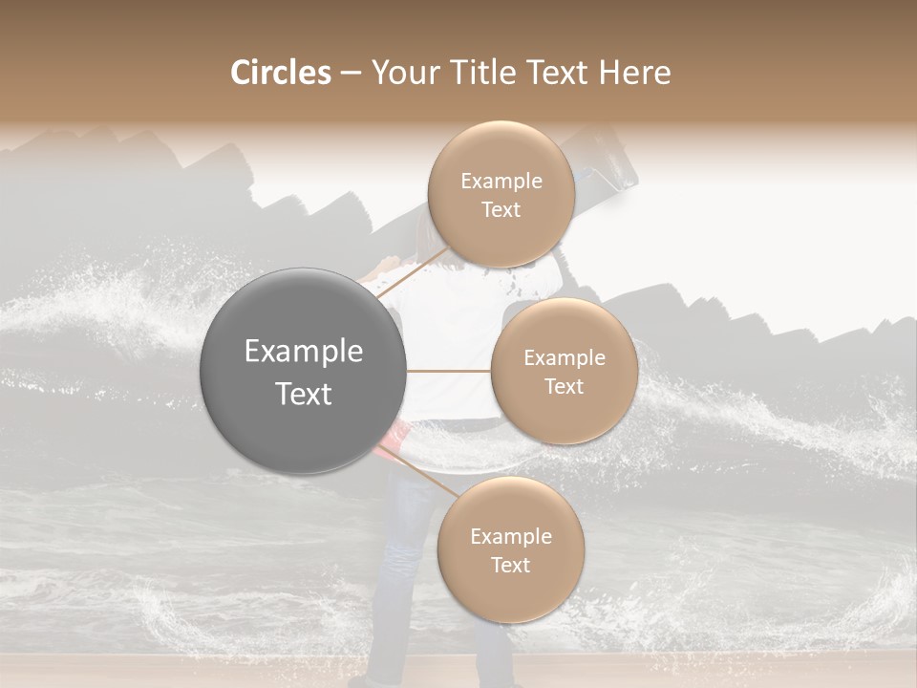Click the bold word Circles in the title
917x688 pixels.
click(281, 73)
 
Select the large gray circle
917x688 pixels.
click(304, 371)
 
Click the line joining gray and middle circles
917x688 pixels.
click(449, 371)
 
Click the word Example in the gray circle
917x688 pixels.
click(304, 351)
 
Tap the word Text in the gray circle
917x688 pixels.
click(304, 393)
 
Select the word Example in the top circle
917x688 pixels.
click(501, 181)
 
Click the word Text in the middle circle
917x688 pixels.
click(564, 386)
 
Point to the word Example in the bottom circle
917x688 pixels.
click(510, 536)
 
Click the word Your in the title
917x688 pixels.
click(402, 73)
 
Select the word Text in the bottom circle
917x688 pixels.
click(510, 565)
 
